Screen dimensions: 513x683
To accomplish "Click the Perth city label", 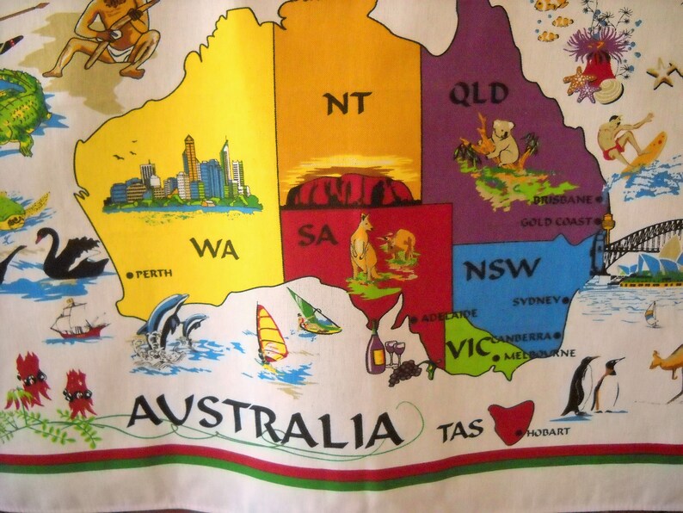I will coord(154,274).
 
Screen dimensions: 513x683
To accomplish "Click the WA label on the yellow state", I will coord(214,248).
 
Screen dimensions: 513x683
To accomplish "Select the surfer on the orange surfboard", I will coord(628,142).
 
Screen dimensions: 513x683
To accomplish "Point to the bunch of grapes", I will coord(404,371).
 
